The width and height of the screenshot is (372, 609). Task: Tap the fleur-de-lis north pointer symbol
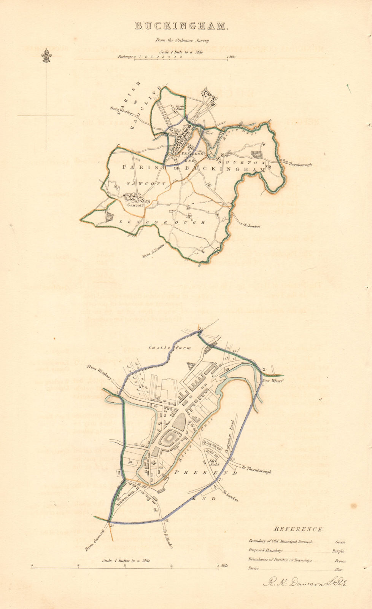[47, 56]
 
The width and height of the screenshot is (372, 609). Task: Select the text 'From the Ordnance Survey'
[181, 40]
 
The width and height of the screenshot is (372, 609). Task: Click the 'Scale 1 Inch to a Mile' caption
[181, 52]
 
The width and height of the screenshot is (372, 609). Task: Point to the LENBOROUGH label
[162, 222]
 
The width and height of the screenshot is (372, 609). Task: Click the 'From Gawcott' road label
[94, 541]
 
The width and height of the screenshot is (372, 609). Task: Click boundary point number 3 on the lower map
[199, 329]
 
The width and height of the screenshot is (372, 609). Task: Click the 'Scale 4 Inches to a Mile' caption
[126, 560]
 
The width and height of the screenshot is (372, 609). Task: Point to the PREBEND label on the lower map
[205, 472]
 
